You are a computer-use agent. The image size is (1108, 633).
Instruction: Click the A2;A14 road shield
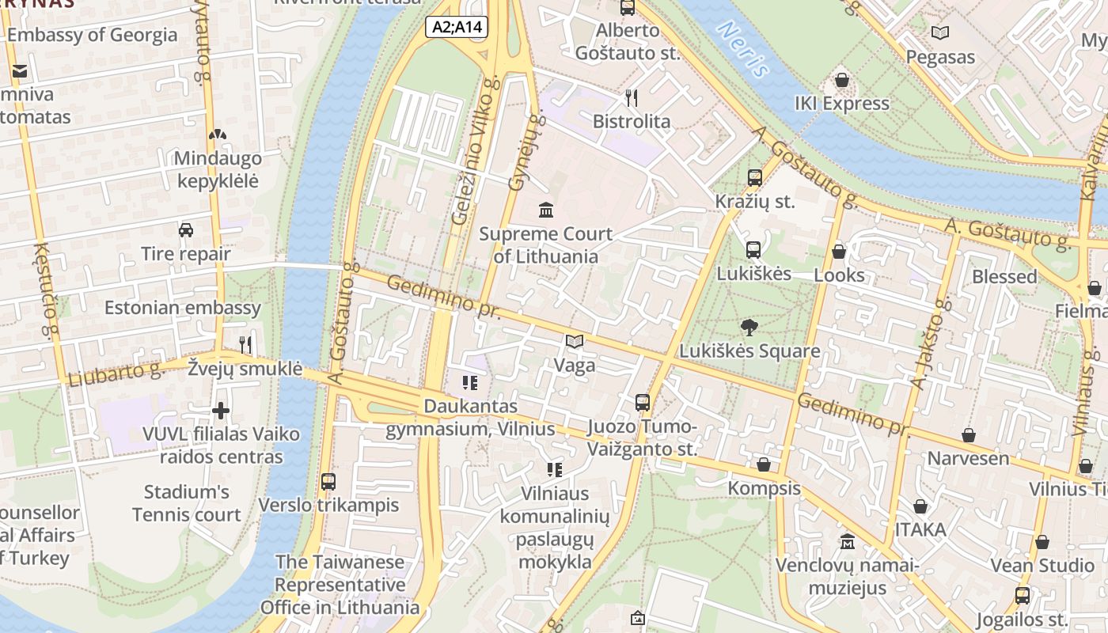click(457, 27)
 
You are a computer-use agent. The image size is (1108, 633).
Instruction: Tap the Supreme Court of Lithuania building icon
click(546, 210)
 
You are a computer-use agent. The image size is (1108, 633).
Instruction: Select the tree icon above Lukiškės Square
click(748, 327)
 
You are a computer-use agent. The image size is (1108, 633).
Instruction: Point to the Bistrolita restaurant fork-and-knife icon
click(632, 98)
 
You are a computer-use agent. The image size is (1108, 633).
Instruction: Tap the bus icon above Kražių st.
click(754, 178)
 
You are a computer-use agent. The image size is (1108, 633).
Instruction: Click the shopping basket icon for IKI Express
click(842, 81)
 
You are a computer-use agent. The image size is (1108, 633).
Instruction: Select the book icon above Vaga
click(575, 342)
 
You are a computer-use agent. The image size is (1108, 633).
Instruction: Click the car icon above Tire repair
click(186, 230)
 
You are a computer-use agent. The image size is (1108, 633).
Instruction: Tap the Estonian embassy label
click(183, 308)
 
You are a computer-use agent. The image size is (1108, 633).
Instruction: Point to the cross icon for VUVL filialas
click(221, 411)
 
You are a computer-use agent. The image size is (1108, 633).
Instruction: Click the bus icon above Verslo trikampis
click(328, 482)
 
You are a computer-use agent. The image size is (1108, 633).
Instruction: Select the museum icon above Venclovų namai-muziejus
click(848, 542)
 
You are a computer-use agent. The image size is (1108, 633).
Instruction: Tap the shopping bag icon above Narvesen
click(968, 435)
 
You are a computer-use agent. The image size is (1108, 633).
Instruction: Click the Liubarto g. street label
click(115, 373)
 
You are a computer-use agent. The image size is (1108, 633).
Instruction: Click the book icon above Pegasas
click(940, 33)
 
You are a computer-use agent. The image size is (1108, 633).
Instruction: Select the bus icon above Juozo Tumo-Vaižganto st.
click(643, 403)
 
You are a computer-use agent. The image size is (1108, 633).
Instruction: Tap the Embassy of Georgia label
click(92, 35)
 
